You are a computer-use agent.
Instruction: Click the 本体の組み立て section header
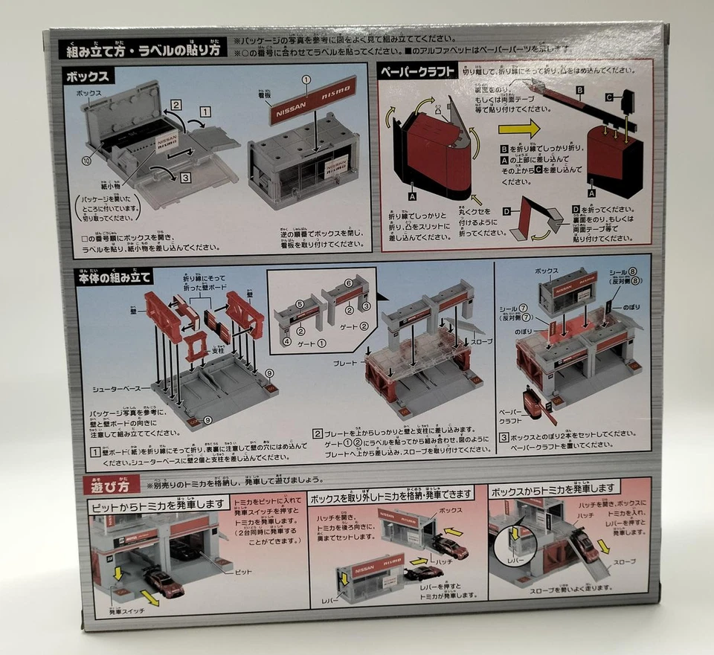115,278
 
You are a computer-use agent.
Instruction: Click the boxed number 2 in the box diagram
176,105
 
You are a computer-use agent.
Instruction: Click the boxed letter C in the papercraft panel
608,97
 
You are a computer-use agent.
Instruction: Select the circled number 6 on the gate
349,283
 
